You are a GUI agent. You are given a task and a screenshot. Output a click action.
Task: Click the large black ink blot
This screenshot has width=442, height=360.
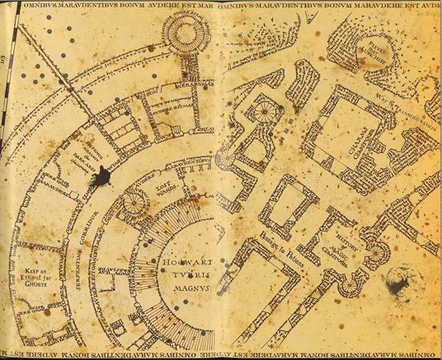(103, 175)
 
